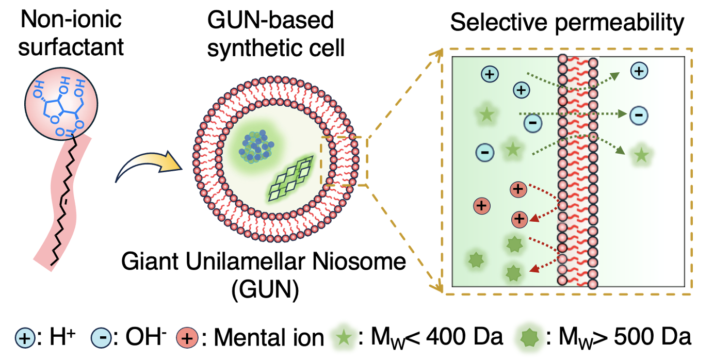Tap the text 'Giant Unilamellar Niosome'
(263, 263)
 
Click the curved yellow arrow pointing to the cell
(150, 165)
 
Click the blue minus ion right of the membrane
(638, 115)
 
